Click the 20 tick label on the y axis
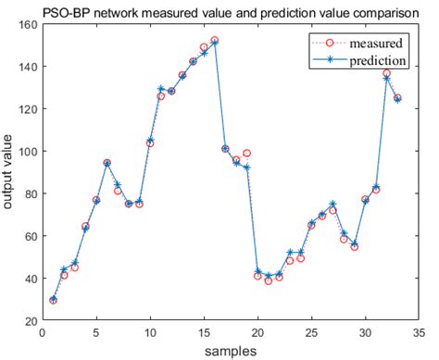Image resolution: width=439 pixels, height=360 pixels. pyautogui.click(x=31, y=321)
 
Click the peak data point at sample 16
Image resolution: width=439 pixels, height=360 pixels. pyautogui.click(x=214, y=42)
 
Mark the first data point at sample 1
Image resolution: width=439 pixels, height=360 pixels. pyautogui.click(x=53, y=300)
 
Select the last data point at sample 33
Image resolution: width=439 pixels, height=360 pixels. pyautogui.click(x=397, y=98)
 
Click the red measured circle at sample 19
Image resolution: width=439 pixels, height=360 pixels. pyautogui.click(x=246, y=153)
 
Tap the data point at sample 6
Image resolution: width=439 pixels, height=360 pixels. pyautogui.click(x=107, y=163)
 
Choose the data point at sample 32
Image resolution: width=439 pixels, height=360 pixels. pyautogui.click(x=386, y=74)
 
